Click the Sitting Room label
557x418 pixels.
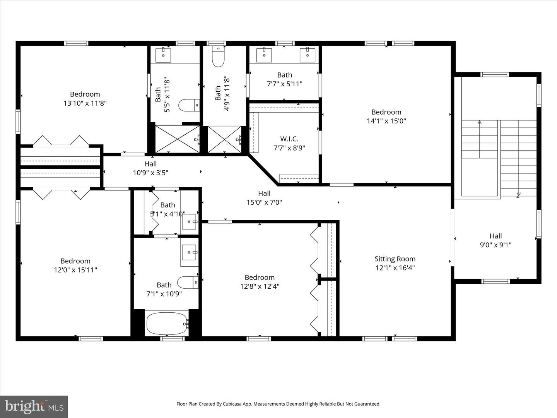coord(395,259)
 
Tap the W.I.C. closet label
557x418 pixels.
coord(289,139)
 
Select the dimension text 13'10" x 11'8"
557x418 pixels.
coord(85,103)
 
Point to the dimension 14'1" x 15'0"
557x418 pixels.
coord(386,121)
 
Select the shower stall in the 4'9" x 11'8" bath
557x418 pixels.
coord(225,139)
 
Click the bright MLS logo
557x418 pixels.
coord(34,406)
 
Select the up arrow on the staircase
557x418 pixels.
coord(480,123)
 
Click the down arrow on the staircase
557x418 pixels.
coord(518,194)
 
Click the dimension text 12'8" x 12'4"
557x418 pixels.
coord(260,286)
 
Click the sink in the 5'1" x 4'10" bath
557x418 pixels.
coord(189,222)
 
